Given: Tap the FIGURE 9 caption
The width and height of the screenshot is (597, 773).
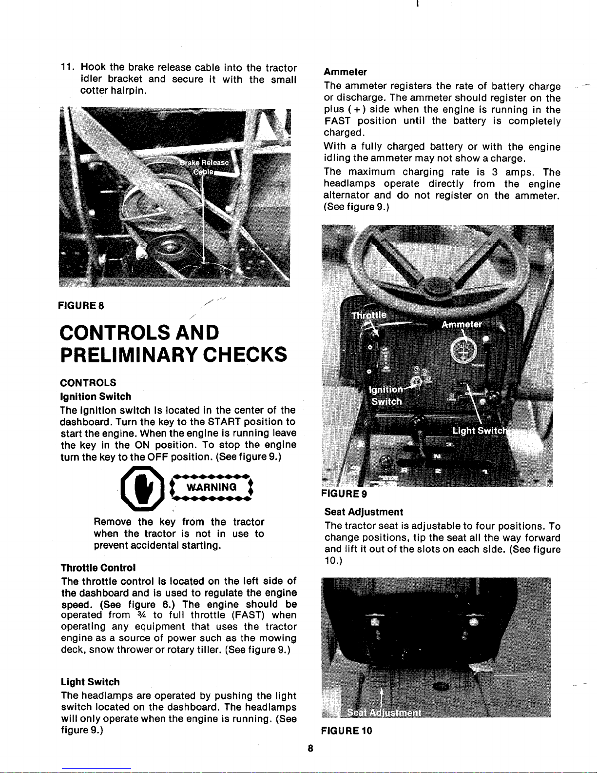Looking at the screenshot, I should (345, 493).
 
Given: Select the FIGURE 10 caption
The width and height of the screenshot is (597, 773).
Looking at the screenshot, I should (347, 731).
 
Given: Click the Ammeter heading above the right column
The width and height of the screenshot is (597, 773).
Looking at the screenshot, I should (345, 72).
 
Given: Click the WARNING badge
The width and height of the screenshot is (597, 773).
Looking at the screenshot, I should (211, 487).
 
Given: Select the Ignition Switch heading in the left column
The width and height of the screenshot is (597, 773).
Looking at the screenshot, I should (96, 396).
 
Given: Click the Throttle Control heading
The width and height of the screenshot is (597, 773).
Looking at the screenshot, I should (98, 568).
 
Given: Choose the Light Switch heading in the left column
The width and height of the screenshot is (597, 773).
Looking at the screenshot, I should (90, 682).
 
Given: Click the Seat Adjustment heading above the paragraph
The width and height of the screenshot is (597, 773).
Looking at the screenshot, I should (364, 512).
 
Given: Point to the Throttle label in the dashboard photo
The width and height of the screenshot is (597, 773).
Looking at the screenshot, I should (369, 315).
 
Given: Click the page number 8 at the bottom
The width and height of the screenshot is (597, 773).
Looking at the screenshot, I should (310, 749).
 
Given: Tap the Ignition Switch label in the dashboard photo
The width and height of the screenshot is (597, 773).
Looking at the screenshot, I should (386, 396).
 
